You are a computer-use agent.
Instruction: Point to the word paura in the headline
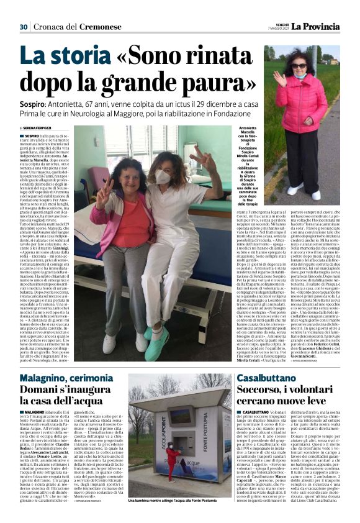tap(221, 85)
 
